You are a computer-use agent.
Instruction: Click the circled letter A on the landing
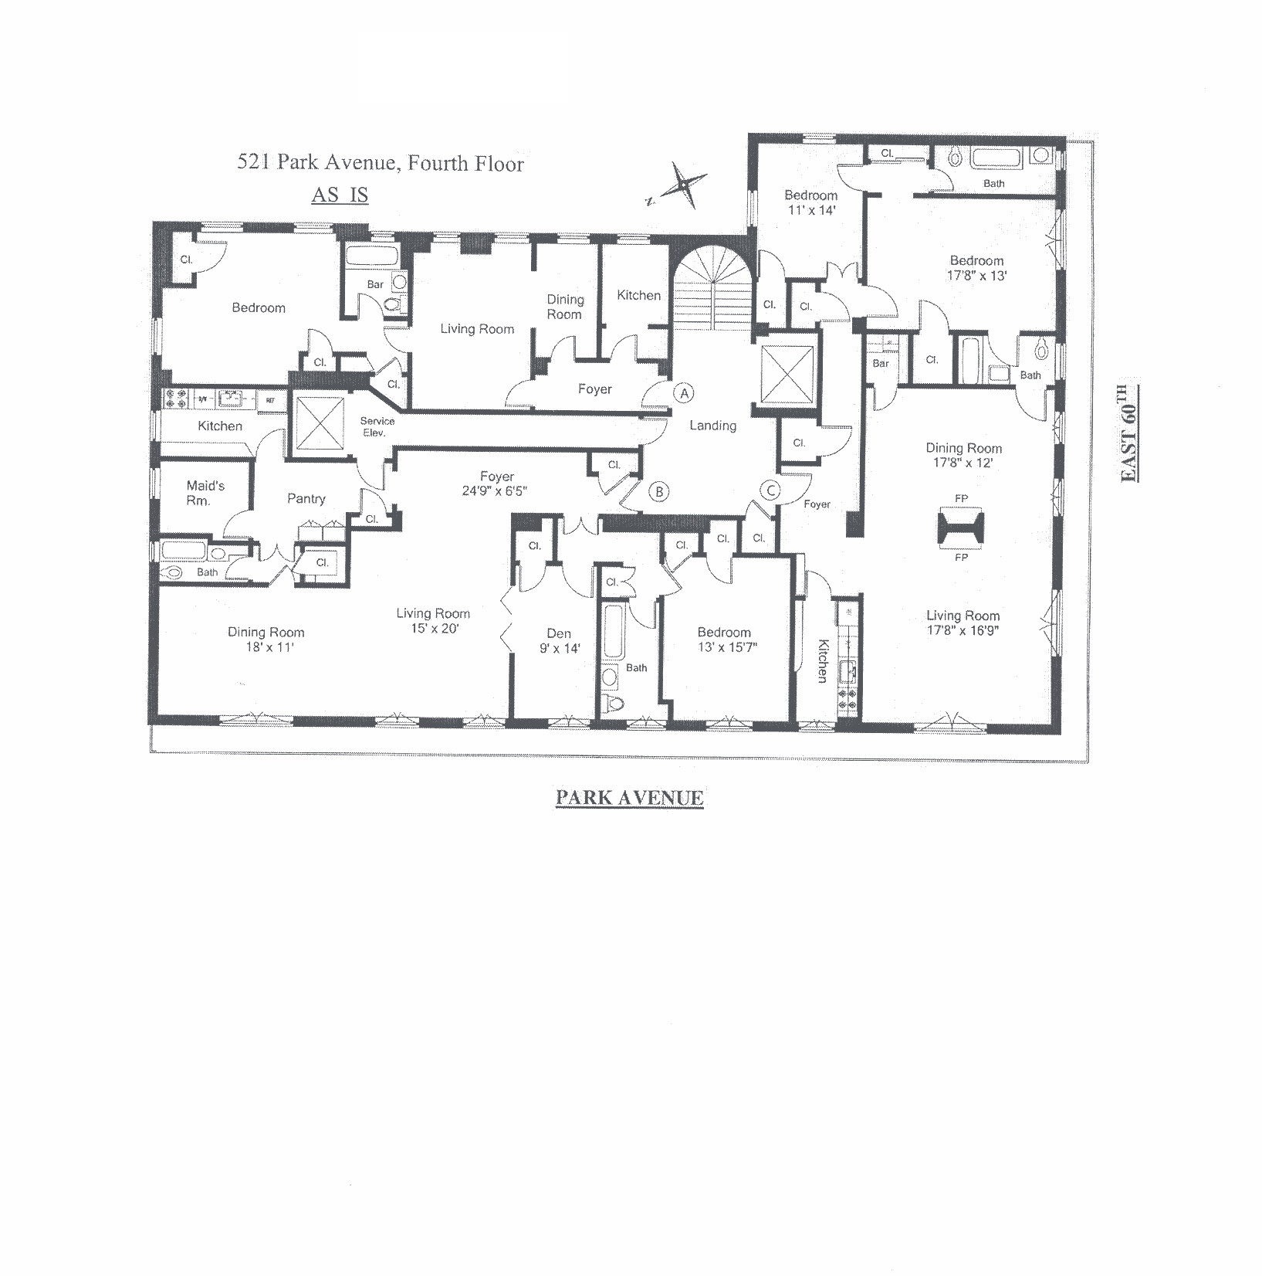(684, 393)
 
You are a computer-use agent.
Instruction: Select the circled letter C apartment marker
(770, 490)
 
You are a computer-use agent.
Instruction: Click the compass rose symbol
(682, 185)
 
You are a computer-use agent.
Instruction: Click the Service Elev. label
(377, 426)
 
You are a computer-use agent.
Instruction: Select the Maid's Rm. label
(205, 493)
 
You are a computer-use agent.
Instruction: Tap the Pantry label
(306, 499)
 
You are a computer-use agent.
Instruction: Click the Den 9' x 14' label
(559, 641)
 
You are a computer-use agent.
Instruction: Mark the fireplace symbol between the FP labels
(961, 528)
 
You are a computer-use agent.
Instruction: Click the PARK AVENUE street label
(630, 798)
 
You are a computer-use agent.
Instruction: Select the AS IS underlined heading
(340, 195)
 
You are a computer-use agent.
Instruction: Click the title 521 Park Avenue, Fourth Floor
(381, 163)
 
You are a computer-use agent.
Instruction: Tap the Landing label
(712, 426)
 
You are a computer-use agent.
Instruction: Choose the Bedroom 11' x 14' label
(810, 202)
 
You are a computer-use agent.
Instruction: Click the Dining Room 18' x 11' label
(266, 640)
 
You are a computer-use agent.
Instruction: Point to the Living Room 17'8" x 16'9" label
(963, 623)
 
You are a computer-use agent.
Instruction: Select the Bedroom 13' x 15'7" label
(724, 640)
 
